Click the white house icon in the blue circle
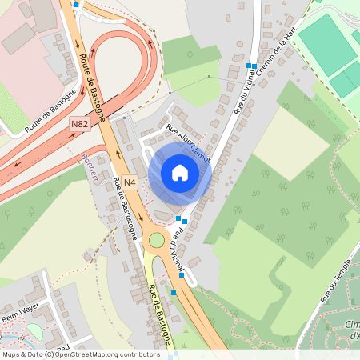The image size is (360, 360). point(180,172)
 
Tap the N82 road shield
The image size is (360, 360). point(79,124)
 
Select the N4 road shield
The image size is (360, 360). point(130,183)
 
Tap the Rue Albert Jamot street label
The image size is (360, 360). point(188,143)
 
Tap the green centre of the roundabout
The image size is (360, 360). point(156,239)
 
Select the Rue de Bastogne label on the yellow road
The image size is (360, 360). point(160,316)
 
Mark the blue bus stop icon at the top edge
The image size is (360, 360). point(76,4)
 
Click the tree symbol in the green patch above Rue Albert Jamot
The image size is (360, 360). point(190,56)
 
